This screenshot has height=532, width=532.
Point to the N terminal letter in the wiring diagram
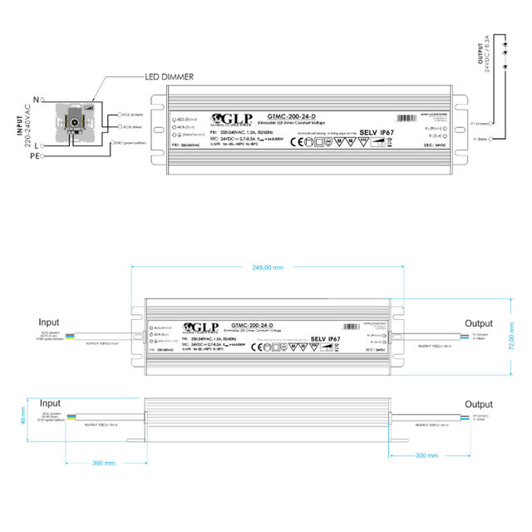36,100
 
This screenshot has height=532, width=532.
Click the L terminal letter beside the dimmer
39,145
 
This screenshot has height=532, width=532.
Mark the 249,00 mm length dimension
266,268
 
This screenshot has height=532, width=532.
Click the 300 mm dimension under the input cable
103,463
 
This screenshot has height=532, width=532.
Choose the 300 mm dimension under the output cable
426,456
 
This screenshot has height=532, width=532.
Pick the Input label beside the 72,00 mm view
49,321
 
